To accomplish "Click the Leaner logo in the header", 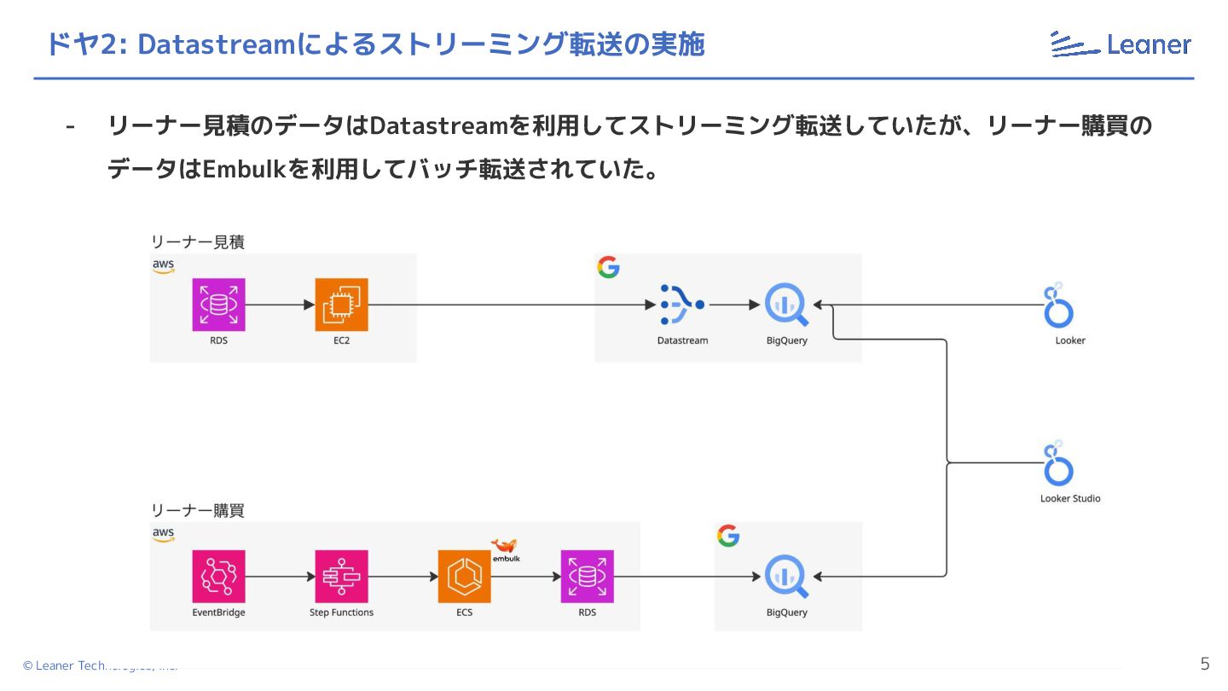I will tap(1121, 44).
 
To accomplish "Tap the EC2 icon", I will tap(341, 305).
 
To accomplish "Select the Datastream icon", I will tap(681, 305).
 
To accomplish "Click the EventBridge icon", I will tap(219, 576).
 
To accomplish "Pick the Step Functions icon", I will tap(341, 576).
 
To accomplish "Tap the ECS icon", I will tap(464, 576).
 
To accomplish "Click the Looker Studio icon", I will tap(1058, 465).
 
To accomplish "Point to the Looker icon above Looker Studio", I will tap(1058, 306).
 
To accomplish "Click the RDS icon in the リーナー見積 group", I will tap(219, 305).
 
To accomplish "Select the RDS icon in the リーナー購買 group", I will tap(587, 576).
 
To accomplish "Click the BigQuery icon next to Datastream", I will tap(785, 305).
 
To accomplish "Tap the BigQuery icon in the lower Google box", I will tap(785, 576).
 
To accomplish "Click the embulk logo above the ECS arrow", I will tap(506, 550).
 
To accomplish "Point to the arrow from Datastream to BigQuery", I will tap(733, 305).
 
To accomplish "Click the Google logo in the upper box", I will tap(608, 267).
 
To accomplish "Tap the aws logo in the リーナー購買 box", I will tap(163, 535).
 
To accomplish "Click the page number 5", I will tap(1204, 664).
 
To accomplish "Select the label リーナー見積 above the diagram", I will tap(198, 241).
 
